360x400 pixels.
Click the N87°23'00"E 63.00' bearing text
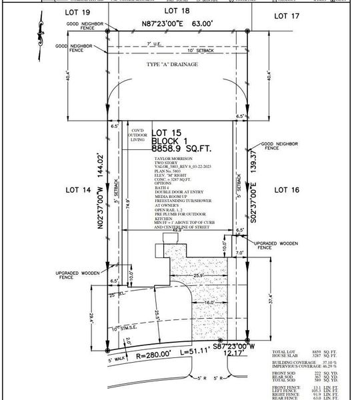176,23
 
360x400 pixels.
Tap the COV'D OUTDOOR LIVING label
137,135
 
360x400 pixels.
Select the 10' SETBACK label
200,51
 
